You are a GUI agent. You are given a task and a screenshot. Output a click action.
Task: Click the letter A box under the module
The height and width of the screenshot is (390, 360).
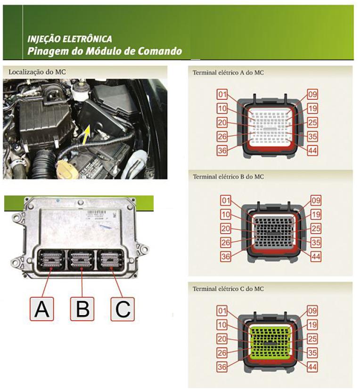coord(41,309)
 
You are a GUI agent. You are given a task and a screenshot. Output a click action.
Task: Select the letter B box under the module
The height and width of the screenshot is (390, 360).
coord(82,309)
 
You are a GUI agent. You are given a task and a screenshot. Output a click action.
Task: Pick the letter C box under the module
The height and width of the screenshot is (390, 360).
coord(123,309)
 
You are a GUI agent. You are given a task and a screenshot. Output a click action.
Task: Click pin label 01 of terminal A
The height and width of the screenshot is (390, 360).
coord(223,94)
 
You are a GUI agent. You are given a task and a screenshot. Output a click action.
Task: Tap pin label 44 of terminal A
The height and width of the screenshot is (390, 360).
coord(312,151)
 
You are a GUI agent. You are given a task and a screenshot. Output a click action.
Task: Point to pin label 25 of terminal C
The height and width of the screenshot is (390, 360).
coord(312,339)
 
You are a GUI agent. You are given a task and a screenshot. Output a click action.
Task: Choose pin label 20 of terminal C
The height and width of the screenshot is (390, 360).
coord(223,339)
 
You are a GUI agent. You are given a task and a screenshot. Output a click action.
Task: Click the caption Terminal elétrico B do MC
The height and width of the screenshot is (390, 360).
coord(228,177)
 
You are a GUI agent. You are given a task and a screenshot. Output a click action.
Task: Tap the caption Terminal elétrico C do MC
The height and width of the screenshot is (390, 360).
coord(228,289)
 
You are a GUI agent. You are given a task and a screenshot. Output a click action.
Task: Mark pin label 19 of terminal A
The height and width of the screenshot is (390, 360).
coord(312,108)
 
